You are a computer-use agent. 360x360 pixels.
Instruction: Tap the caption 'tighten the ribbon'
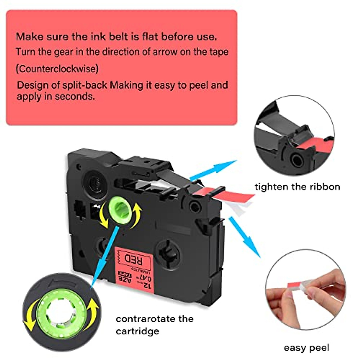point(297,187)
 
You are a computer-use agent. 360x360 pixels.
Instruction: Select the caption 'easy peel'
point(306,348)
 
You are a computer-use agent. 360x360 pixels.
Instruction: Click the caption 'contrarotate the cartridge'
point(154,325)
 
